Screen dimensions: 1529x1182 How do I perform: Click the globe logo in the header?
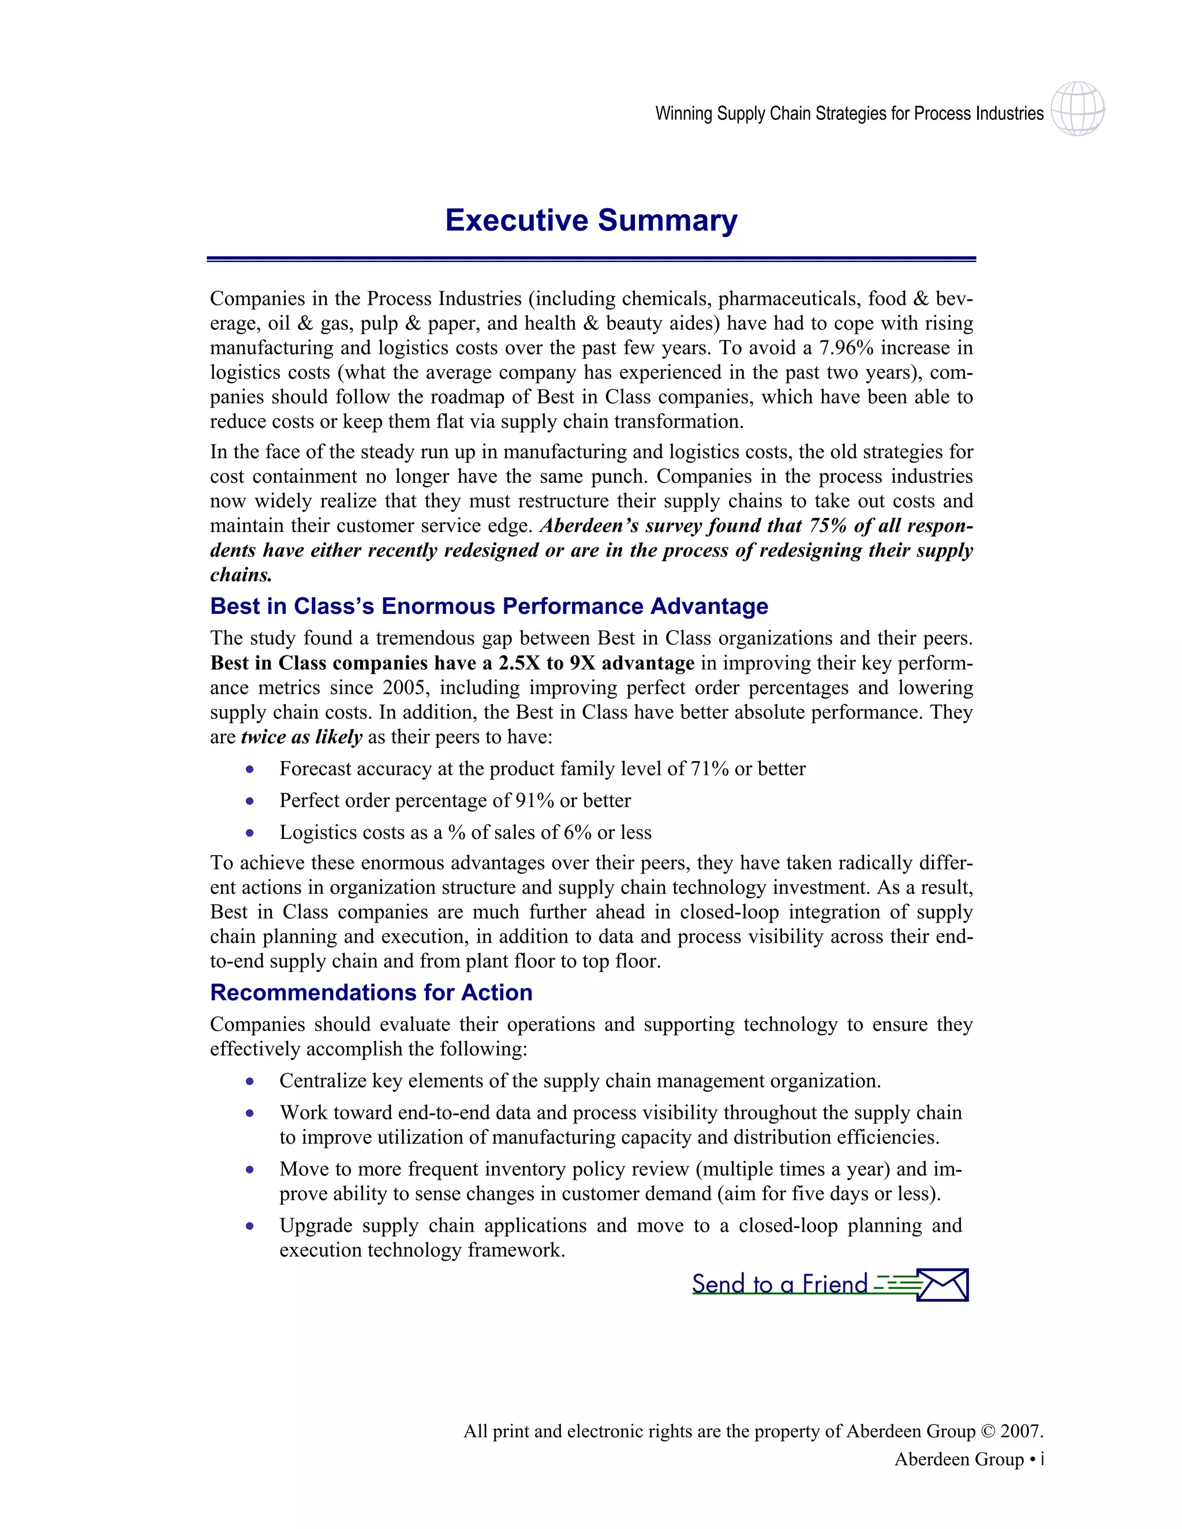pyautogui.click(x=1078, y=108)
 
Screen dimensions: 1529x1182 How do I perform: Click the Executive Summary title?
pyautogui.click(x=591, y=220)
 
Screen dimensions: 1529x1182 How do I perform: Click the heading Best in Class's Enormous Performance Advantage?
pyautogui.click(x=489, y=606)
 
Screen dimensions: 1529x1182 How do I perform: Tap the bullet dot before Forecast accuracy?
pyautogui.click(x=250, y=769)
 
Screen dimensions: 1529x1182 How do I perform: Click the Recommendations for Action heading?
pyautogui.click(x=371, y=993)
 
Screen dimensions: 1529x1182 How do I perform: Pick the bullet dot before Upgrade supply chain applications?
pyautogui.click(x=250, y=1227)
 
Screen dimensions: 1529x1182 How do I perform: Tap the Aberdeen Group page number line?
pyautogui.click(x=968, y=1460)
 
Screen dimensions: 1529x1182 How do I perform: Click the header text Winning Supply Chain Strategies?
pyautogui.click(x=848, y=114)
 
